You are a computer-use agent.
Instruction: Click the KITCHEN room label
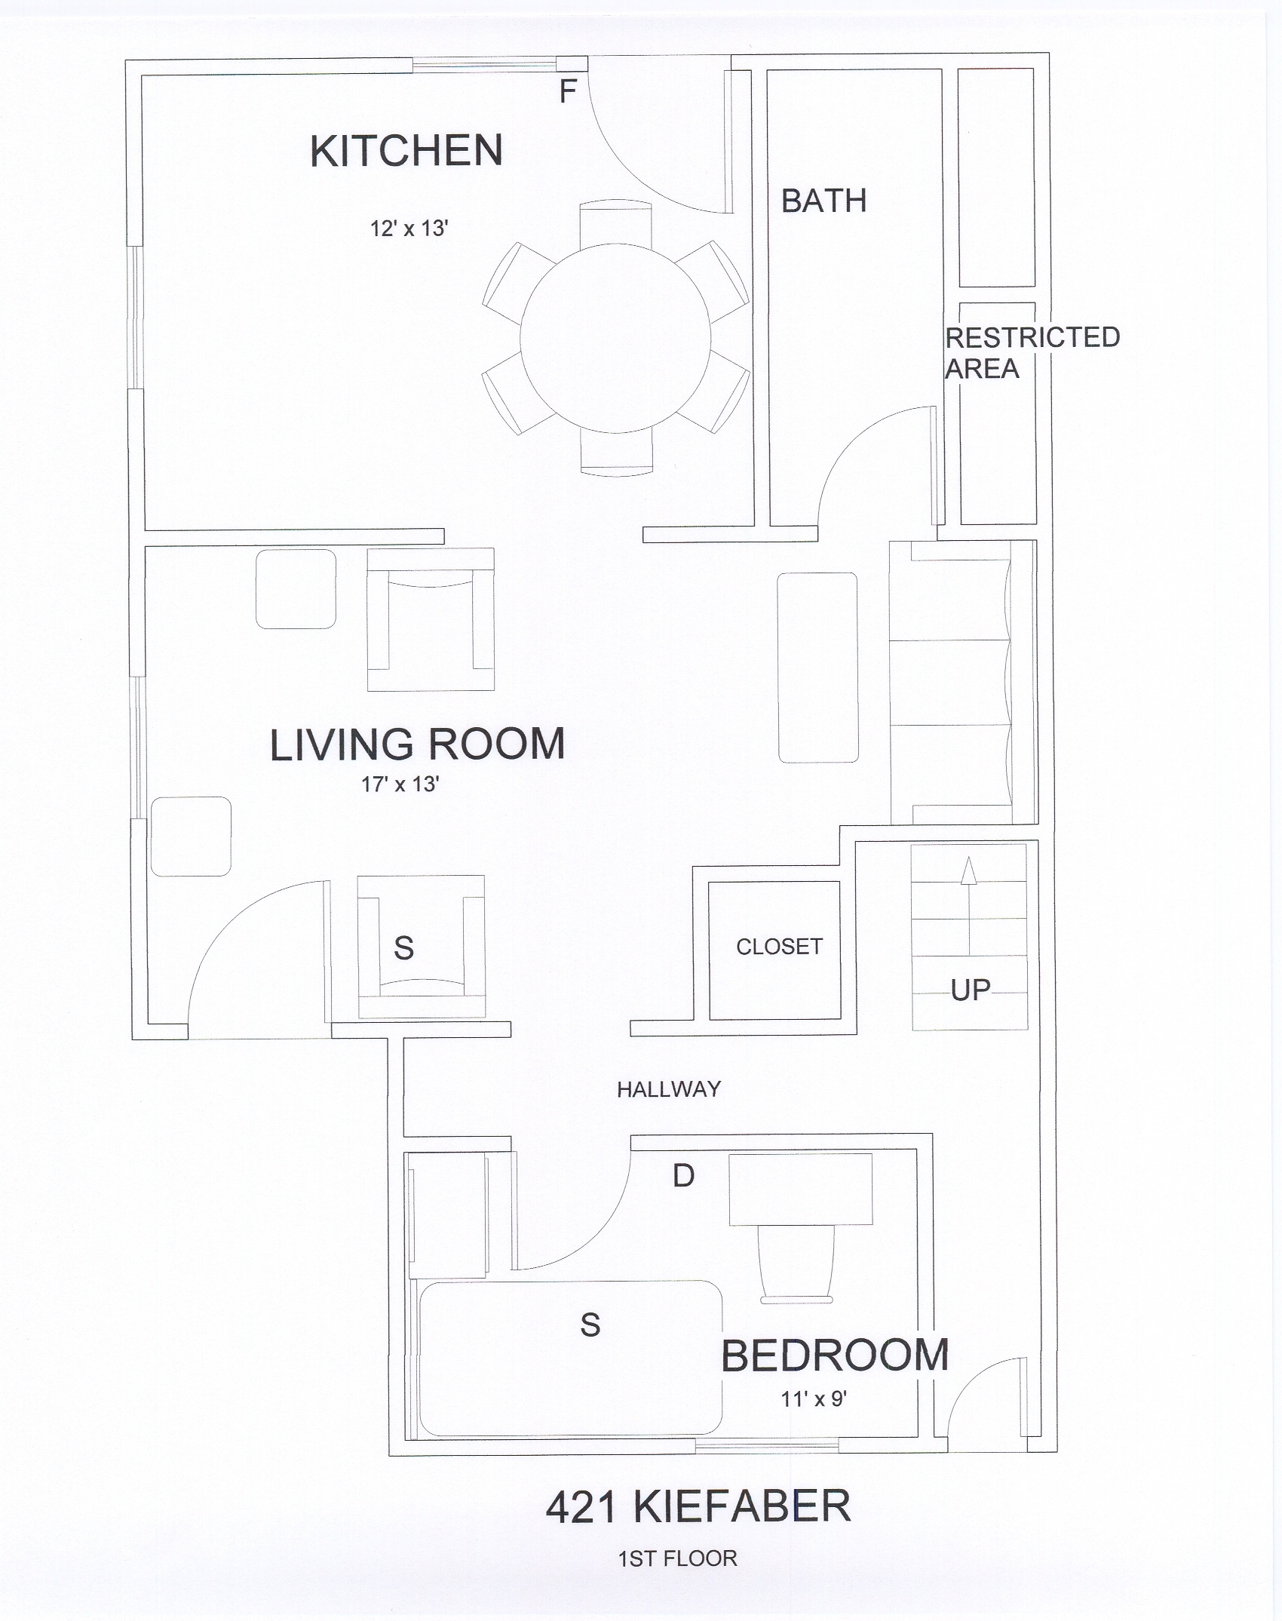406,150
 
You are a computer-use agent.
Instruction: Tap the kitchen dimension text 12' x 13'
409,228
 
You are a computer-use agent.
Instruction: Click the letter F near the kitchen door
567,91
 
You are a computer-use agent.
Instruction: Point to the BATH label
823,201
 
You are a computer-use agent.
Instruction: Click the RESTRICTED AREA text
1032,353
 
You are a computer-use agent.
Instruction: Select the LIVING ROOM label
417,744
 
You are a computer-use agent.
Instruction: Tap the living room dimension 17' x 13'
400,784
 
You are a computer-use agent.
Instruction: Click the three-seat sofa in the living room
961,683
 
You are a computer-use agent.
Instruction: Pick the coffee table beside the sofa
817,668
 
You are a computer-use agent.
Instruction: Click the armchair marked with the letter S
421,947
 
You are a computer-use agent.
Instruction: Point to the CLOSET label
779,947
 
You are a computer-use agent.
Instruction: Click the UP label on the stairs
971,990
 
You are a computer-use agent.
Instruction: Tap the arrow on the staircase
969,906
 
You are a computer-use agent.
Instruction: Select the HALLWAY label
669,1088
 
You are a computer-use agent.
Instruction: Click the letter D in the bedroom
683,1175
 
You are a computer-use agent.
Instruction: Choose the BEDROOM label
835,1355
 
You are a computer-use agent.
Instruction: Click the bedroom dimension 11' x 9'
814,1399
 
